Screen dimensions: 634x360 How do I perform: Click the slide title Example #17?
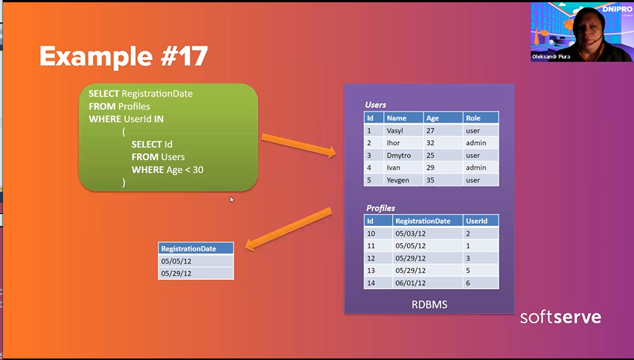124,56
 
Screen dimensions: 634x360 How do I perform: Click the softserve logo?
561,317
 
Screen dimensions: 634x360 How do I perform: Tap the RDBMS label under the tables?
430,305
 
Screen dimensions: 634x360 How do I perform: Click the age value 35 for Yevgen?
430,180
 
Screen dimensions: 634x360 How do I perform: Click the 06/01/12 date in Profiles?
410,283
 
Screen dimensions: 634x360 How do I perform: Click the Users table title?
375,105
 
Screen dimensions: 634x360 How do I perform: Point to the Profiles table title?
380,208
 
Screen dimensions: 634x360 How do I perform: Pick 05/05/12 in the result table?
177,261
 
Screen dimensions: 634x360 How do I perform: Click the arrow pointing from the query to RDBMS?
299,145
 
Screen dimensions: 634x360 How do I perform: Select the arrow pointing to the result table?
288,229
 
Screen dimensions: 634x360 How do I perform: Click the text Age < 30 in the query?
185,169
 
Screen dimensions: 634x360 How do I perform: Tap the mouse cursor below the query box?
232,199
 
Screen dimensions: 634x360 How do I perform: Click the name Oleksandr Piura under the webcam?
551,57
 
